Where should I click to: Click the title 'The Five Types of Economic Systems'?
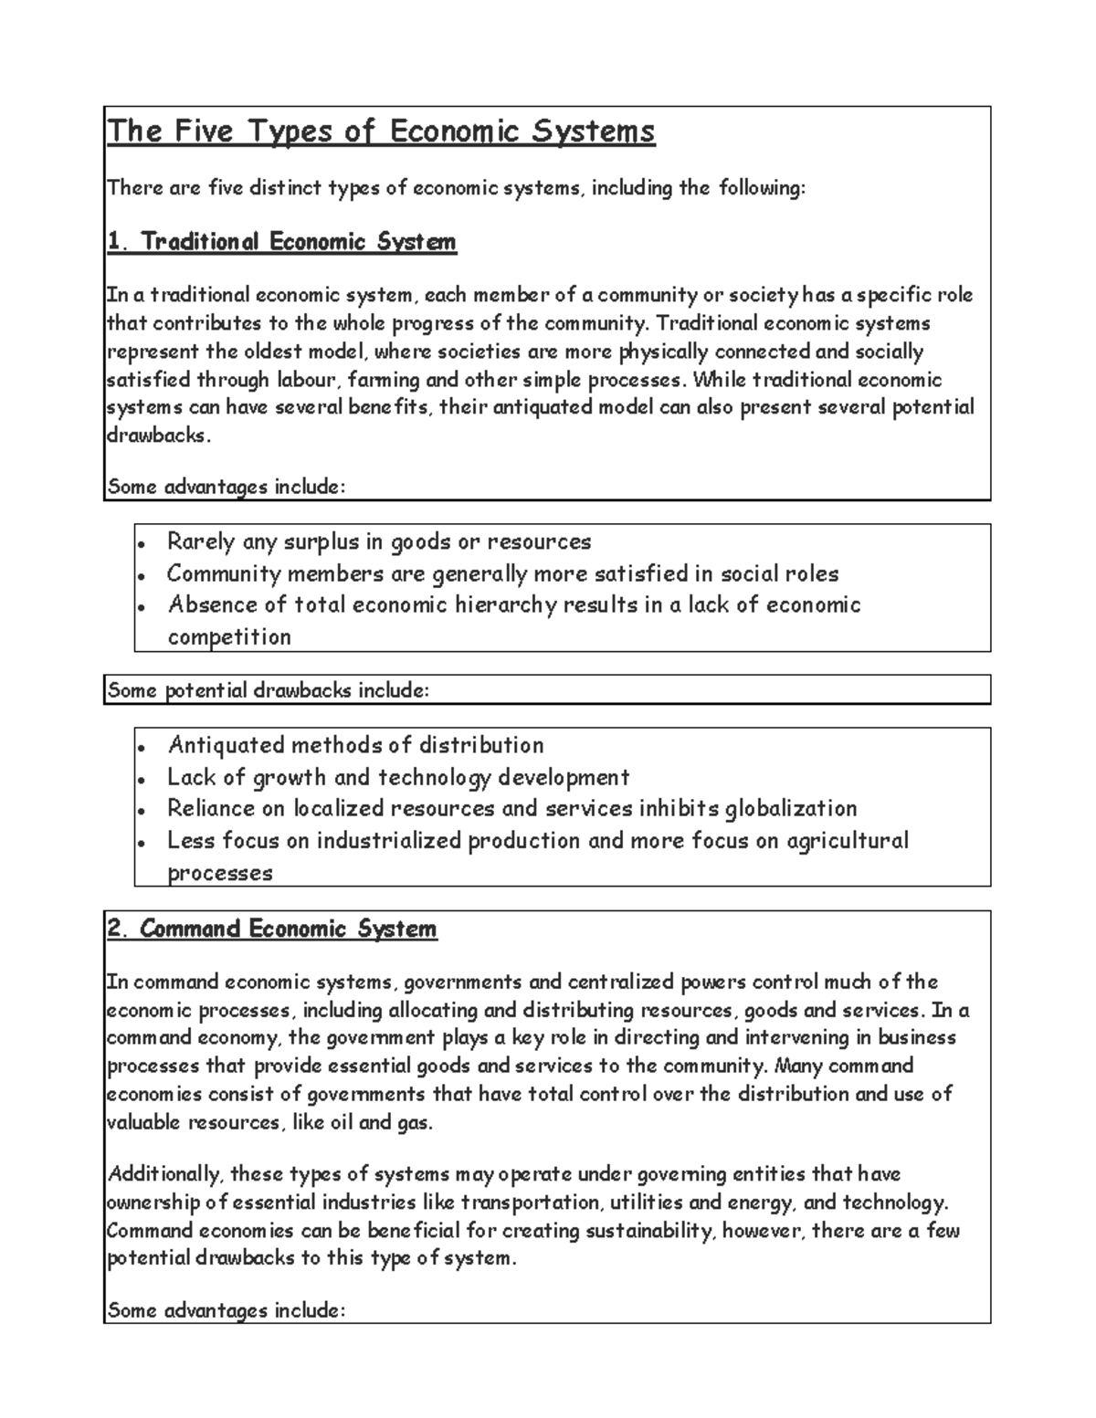coord(381,132)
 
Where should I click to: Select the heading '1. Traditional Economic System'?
coord(281,242)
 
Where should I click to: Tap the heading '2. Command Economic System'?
coord(272,930)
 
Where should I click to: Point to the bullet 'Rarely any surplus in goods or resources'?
coord(379,542)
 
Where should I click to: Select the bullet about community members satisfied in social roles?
coord(502,574)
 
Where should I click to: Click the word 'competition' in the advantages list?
coord(229,637)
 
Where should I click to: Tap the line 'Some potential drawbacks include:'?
coord(268,690)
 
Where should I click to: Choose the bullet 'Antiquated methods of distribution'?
coord(355,746)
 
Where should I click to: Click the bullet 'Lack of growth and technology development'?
coord(398,778)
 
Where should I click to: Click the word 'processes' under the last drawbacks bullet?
coord(220,873)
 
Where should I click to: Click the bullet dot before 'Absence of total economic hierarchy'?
coord(141,607)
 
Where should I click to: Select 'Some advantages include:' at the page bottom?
coord(227,1311)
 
